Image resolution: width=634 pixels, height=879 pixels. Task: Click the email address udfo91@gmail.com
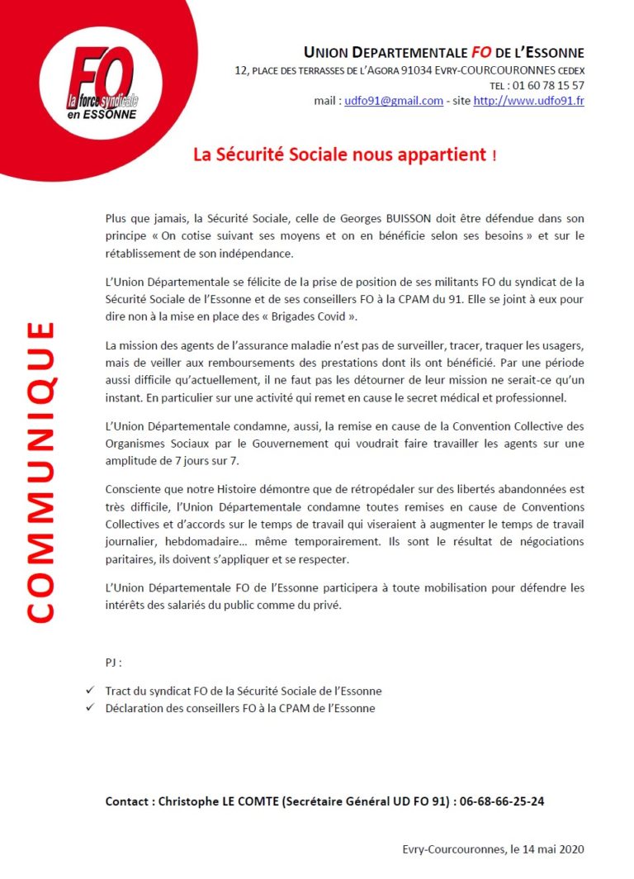394,101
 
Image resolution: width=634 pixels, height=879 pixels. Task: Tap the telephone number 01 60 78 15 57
548,85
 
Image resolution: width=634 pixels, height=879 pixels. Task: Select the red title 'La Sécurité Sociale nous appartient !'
345,154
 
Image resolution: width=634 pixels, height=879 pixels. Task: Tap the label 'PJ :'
114,663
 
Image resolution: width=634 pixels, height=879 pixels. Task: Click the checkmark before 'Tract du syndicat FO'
89,691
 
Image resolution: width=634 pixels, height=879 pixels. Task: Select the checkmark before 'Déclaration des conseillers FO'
89,708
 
